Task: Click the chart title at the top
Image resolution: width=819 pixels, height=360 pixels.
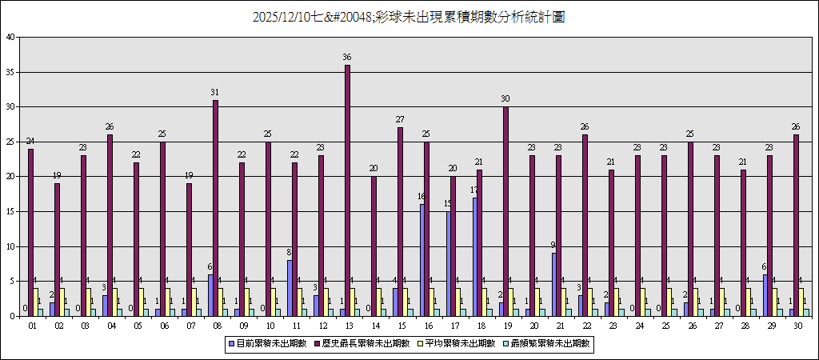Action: pos(409,17)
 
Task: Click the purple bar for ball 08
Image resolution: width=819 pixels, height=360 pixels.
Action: pos(215,208)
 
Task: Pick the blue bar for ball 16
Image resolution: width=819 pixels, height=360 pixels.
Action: pos(422,260)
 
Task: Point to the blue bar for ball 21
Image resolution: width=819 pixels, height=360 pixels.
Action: pos(554,284)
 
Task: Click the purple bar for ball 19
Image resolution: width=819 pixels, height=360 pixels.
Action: pos(505,211)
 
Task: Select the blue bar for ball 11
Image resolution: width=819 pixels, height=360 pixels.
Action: pos(290,288)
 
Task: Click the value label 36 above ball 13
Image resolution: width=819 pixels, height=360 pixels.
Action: pos(347,58)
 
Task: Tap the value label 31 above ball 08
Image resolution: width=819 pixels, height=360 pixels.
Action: pos(215,93)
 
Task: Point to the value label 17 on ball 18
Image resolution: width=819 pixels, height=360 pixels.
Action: pos(474,190)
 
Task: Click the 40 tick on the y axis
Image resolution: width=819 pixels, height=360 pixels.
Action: pos(10,37)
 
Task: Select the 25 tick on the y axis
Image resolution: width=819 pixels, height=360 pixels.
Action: pos(10,142)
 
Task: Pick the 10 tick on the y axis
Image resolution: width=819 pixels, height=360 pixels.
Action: pos(10,246)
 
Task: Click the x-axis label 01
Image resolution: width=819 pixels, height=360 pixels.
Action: pos(32,326)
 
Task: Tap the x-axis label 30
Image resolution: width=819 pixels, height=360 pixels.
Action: pos(797,326)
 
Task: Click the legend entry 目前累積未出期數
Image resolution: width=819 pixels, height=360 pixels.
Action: pos(269,343)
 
